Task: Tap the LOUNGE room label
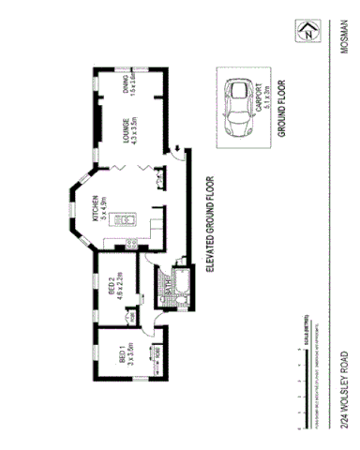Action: tap(124, 130)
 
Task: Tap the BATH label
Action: tap(167, 295)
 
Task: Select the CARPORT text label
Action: tap(259, 97)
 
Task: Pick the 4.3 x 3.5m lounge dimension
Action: tap(135, 130)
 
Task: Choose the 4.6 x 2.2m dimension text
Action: tap(121, 284)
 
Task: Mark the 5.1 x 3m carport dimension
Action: tap(270, 97)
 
